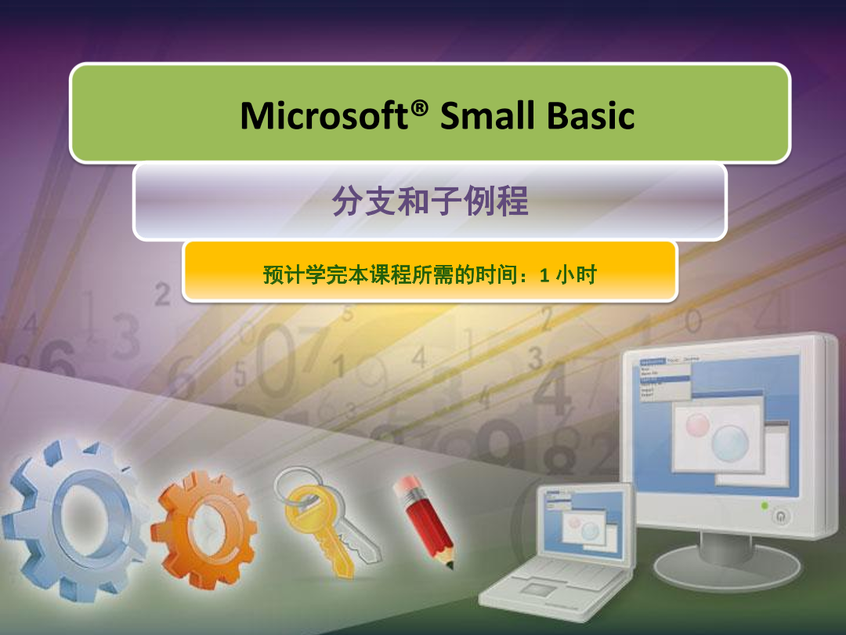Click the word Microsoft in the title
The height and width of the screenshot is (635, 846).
pos(324,115)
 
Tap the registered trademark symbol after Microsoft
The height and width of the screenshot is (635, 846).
pos(419,108)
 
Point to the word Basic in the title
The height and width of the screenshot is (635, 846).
pos(591,115)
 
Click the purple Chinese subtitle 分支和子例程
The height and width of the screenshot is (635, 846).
pos(429,201)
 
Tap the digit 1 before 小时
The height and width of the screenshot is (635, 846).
pos(544,275)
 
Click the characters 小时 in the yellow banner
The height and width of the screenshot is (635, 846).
pos(577,275)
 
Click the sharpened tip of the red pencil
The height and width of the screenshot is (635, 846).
pos(450,565)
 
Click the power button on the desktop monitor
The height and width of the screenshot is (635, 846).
pos(780,516)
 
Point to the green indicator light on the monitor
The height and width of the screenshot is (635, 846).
pos(764,506)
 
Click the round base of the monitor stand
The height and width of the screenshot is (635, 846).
pos(726,567)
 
